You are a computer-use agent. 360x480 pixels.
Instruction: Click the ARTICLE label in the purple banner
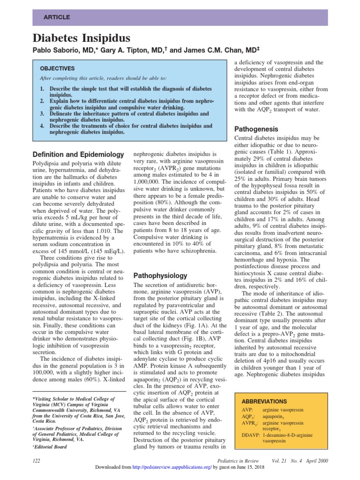[57, 17]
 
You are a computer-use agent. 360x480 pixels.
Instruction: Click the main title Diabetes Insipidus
[81, 38]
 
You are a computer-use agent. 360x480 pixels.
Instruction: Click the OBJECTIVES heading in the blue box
[57, 68]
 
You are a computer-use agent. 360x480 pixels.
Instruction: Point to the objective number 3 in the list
[42, 113]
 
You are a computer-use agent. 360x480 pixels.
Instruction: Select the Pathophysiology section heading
[160, 275]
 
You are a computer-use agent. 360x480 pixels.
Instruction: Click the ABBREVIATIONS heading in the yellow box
[263, 401]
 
